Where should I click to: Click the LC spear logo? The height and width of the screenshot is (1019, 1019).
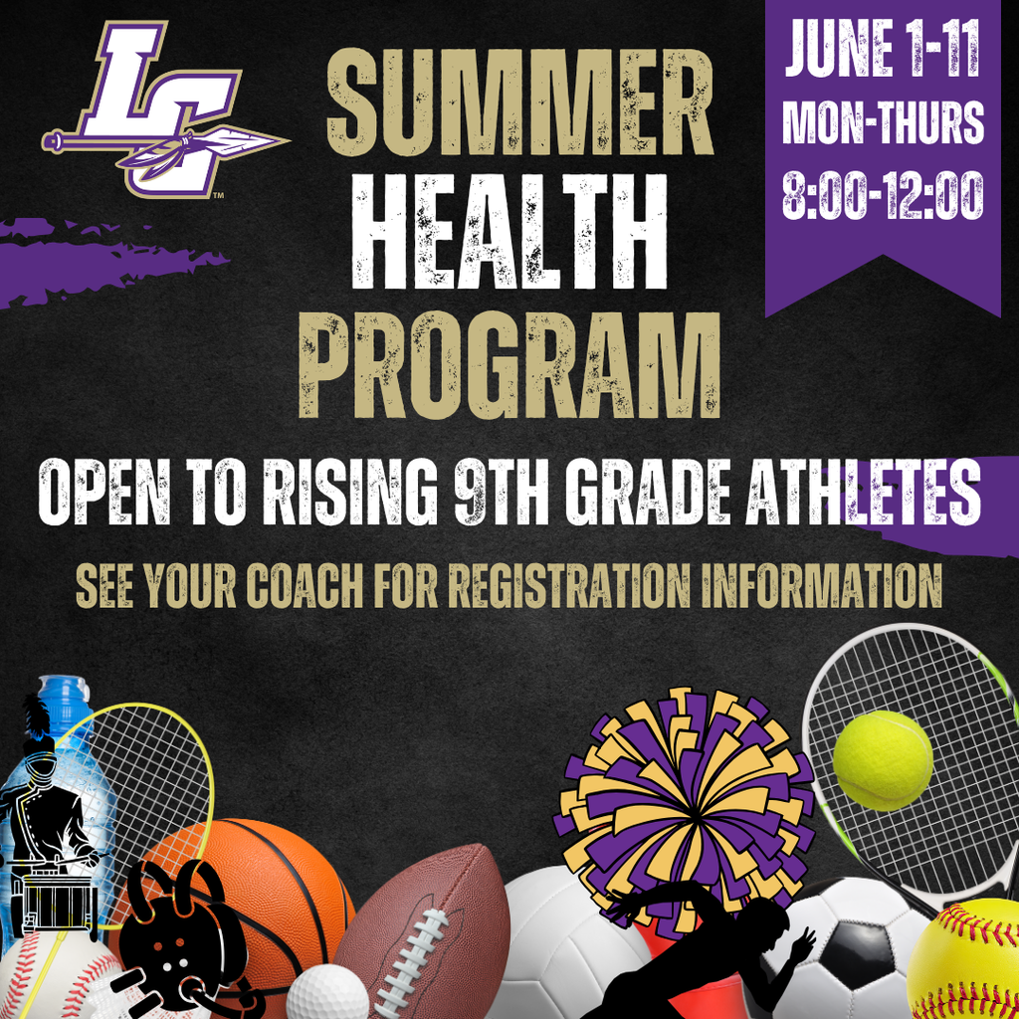pos(164,109)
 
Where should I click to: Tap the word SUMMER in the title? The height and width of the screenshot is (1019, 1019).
pos(520,102)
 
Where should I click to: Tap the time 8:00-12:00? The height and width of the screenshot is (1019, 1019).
pos(883,195)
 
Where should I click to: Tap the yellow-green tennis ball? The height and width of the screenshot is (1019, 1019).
pos(883,760)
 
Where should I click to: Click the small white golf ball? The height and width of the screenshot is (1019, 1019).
pos(327,991)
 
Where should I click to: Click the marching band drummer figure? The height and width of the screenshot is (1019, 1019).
pos(50,826)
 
